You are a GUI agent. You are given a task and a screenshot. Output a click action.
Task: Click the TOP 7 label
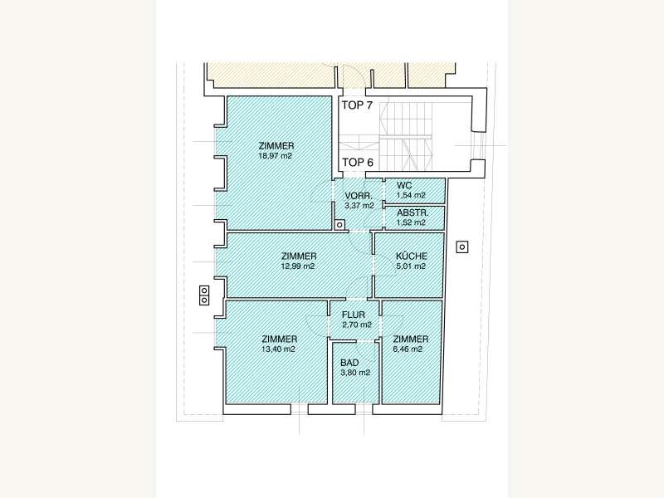357,105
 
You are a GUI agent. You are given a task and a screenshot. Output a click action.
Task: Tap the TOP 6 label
358,162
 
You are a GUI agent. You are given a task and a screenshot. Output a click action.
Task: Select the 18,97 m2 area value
276,156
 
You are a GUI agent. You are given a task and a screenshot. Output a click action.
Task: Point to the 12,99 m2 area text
298,266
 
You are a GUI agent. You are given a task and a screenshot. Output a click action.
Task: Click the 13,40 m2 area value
278,349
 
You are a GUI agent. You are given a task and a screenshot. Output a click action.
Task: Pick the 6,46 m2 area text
408,349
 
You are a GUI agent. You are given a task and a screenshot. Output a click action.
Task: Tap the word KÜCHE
412,256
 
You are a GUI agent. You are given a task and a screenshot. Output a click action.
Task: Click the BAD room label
349,363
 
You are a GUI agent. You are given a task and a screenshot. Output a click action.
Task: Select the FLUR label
354,315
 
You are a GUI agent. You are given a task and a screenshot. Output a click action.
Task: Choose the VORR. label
359,196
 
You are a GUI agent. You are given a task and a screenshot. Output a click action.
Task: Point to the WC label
404,185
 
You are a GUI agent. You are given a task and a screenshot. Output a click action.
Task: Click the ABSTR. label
413,213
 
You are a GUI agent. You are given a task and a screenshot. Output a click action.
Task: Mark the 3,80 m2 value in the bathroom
355,373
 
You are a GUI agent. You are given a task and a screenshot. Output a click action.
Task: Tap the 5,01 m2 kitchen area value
411,266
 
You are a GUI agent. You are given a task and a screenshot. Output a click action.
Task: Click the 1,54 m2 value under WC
411,195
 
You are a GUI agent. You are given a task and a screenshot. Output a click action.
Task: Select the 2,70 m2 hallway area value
357,325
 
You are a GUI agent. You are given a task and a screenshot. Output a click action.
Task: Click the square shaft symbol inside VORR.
339,225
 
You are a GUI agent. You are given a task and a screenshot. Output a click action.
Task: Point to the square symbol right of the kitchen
462,247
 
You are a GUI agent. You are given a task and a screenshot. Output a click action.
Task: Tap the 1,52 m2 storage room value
411,222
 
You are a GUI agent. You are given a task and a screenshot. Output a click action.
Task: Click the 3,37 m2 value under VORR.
359,206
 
